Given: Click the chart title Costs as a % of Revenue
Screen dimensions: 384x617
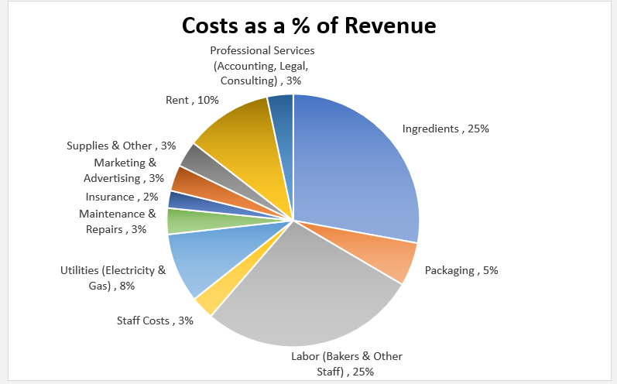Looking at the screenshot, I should point(308,26).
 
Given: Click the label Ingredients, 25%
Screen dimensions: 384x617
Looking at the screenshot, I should point(445,129).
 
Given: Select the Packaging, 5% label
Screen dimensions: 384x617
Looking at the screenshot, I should point(461,270).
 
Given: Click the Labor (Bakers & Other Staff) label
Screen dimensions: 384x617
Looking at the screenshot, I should point(347,364).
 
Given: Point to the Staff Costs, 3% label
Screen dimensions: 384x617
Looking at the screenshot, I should point(155,321).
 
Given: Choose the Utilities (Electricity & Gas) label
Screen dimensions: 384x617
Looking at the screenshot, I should point(113,278).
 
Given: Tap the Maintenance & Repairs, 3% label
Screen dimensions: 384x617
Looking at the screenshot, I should point(118,221).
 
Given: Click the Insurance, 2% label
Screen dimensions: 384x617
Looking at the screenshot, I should point(122,197).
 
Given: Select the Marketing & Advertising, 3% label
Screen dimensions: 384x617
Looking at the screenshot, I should point(125,170).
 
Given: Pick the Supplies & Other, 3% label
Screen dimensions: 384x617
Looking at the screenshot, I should point(121,146).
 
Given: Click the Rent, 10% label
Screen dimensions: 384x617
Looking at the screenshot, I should point(192,100).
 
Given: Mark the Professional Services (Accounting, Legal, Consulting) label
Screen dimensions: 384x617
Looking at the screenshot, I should point(262,65).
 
